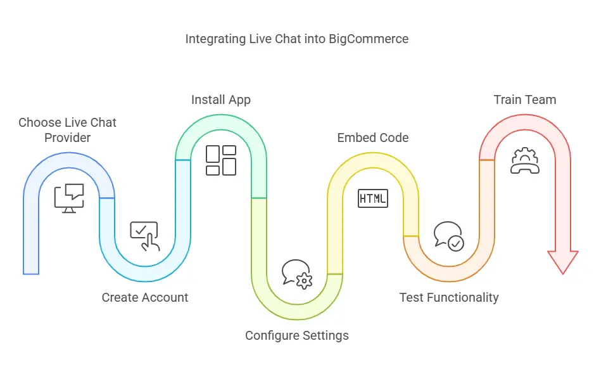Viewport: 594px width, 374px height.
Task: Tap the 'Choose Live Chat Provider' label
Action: (67, 129)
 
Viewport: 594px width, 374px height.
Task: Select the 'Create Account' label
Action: (145, 297)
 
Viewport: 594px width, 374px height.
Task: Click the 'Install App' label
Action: (221, 100)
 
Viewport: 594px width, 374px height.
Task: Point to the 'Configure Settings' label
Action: (297, 335)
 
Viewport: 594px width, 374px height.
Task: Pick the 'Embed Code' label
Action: (373, 138)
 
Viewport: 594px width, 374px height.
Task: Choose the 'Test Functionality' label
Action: (449, 297)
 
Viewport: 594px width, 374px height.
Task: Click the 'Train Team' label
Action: (525, 100)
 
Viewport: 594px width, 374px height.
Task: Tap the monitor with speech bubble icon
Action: (69, 198)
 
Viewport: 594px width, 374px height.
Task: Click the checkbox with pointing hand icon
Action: (145, 236)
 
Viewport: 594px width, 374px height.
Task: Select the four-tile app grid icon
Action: (221, 160)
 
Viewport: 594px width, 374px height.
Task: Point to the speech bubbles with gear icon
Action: (297, 274)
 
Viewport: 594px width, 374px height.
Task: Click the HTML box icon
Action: (373, 198)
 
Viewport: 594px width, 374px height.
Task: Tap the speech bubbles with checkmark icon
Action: (449, 236)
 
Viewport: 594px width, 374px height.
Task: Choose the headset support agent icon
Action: (525, 160)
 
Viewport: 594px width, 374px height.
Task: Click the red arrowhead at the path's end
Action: (563, 261)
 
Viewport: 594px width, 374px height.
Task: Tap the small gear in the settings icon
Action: (305, 281)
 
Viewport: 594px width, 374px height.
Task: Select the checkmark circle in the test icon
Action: (456, 243)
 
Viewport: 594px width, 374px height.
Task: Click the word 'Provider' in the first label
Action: (67, 137)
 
